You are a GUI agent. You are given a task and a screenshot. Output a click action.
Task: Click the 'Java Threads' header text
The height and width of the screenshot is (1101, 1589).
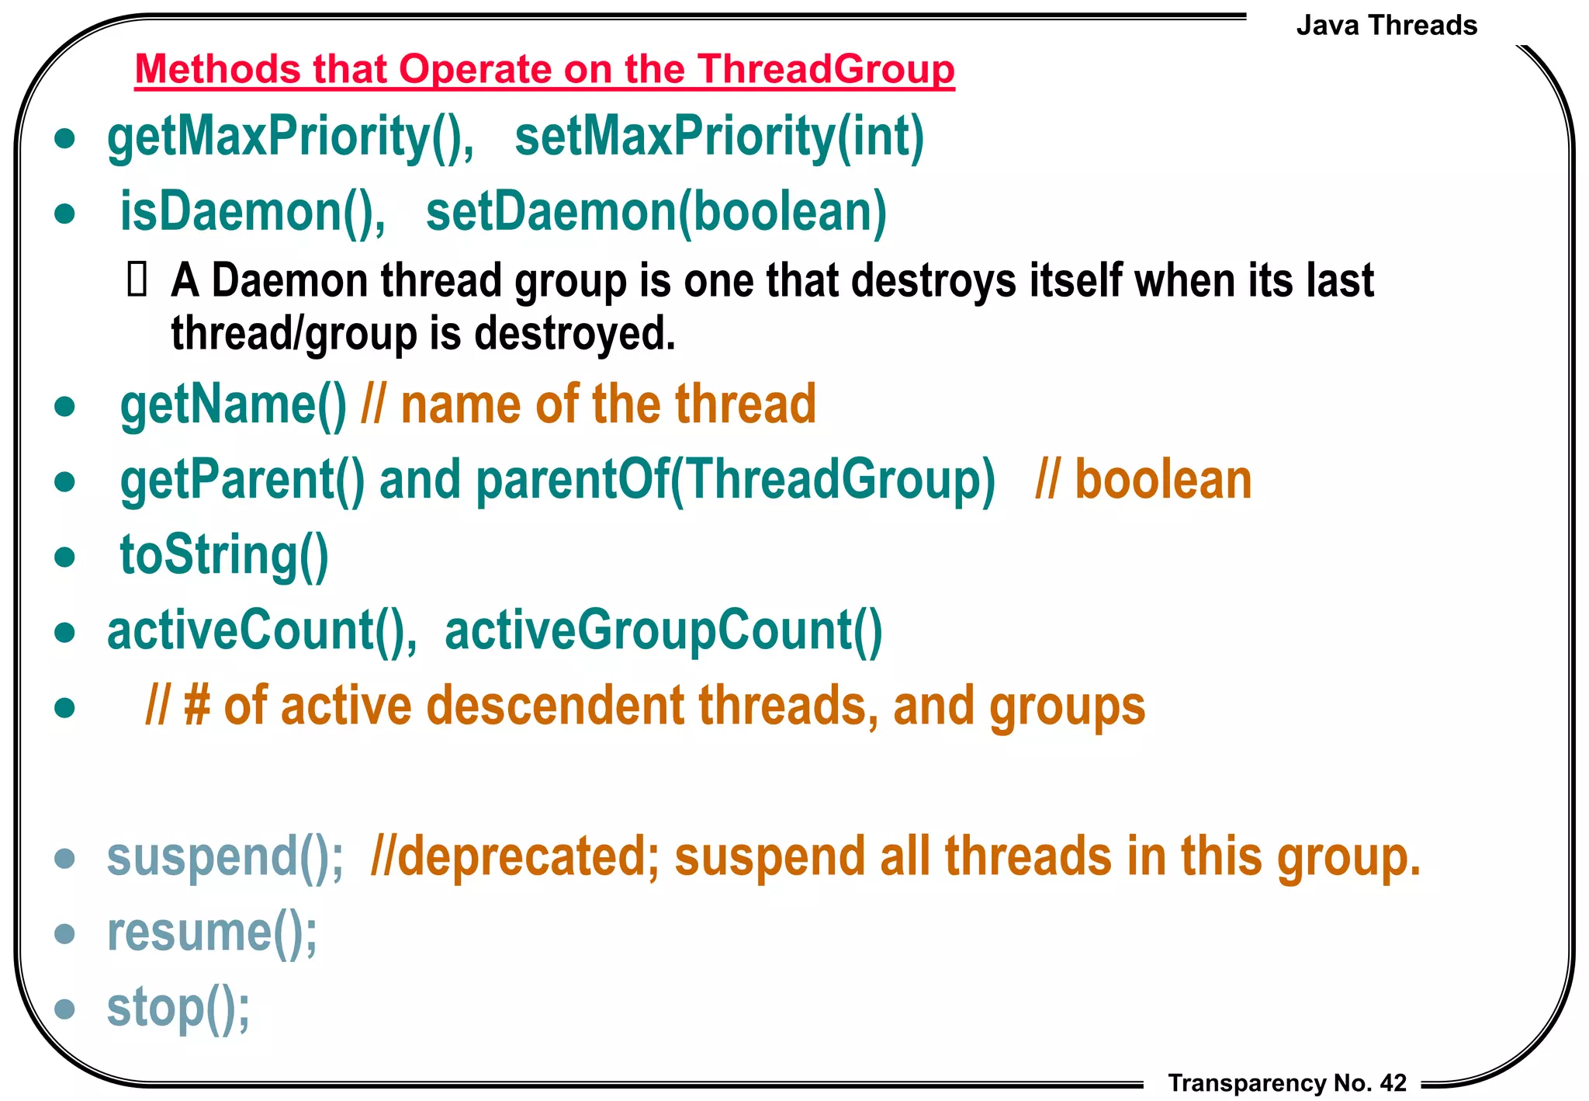tap(1386, 26)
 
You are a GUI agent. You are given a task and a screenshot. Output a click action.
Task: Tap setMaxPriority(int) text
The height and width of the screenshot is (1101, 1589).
tap(719, 137)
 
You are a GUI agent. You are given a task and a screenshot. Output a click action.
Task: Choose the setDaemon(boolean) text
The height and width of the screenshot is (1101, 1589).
tap(656, 212)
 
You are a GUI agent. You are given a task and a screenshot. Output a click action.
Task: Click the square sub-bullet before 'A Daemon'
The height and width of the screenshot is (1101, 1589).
tap(137, 280)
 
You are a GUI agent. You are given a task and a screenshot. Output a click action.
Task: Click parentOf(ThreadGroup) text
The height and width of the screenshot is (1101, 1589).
tap(735, 480)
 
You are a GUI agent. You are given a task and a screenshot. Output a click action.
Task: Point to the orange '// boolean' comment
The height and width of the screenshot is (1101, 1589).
tap(1144, 480)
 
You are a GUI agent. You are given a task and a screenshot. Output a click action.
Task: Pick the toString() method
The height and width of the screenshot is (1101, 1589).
tap(224, 556)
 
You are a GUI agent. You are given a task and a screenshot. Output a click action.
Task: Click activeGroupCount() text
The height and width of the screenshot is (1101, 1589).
tap(663, 630)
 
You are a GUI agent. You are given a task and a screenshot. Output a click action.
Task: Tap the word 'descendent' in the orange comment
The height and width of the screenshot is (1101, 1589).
tap(556, 706)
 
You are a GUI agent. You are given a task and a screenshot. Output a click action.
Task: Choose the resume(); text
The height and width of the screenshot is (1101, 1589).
tap(212, 933)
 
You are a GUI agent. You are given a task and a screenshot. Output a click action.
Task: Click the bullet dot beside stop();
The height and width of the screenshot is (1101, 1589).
tap(65, 1009)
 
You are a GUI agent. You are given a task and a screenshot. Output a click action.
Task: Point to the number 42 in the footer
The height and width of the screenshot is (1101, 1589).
tap(1393, 1083)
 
